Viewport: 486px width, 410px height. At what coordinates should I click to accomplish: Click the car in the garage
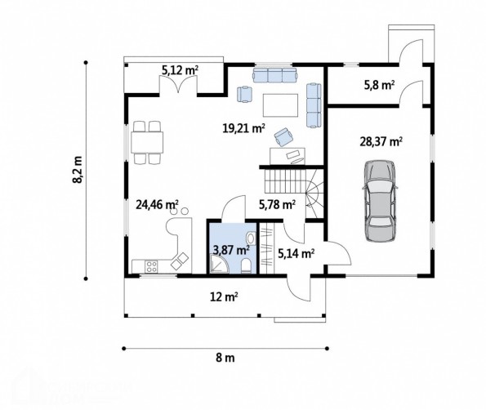380,201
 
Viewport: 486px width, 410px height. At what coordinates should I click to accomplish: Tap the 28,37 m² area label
381,141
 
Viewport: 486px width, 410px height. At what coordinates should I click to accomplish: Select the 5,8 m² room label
379,85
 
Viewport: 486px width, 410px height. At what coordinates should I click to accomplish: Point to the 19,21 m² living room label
243,127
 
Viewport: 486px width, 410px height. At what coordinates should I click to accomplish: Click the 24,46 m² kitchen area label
157,204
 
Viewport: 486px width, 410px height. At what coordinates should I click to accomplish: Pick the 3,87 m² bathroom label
231,249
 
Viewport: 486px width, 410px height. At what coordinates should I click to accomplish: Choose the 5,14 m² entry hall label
297,253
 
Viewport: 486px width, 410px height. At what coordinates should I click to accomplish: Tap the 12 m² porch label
224,297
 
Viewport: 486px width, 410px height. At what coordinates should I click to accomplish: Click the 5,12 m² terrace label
180,70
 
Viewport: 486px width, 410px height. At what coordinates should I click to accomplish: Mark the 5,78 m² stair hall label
277,204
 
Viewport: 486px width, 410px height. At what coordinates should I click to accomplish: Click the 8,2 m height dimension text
78,170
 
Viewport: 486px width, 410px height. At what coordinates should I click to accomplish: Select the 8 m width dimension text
225,358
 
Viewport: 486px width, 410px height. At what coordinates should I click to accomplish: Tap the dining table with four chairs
147,143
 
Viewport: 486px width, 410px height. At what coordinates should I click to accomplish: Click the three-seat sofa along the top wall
274,75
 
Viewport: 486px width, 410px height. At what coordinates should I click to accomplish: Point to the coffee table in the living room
280,105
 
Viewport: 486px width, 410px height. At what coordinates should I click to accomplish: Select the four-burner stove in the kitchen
152,267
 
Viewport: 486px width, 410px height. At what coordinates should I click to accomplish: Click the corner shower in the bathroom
220,264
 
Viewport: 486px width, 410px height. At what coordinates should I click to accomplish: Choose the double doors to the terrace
178,84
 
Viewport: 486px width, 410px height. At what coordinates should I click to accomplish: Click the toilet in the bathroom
246,266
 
